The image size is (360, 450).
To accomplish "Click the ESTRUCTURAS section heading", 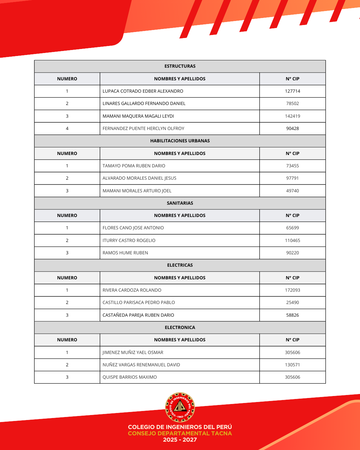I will pyautogui.click(x=180, y=66).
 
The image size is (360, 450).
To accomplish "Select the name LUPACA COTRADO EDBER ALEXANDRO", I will pyautogui.click(x=143, y=91).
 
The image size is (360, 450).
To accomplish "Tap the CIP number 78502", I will pyautogui.click(x=292, y=103).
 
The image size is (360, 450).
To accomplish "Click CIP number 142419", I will pyautogui.click(x=292, y=116).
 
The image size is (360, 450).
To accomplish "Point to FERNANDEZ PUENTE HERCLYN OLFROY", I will pyautogui.click(x=143, y=128).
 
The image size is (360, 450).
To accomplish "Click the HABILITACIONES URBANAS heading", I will pyautogui.click(x=180, y=141).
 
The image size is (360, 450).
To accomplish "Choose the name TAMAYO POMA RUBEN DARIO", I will pyautogui.click(x=134, y=166).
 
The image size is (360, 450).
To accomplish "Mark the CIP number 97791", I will pyautogui.click(x=292, y=178).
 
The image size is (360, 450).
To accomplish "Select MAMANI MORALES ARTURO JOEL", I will pyautogui.click(x=137, y=191).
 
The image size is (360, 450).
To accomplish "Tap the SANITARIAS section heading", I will pyautogui.click(x=180, y=203).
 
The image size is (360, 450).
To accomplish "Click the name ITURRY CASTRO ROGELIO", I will pyautogui.click(x=129, y=240).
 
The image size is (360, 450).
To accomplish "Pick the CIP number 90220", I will pyautogui.click(x=292, y=253).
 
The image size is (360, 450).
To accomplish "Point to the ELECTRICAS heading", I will pyautogui.click(x=180, y=265).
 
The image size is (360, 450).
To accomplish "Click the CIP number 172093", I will pyautogui.click(x=292, y=290).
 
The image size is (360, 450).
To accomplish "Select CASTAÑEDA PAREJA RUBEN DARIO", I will pyautogui.click(x=138, y=315).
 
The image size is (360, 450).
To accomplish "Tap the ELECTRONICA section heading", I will pyautogui.click(x=180, y=327).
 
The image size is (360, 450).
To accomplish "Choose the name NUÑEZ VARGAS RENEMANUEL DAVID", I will pyautogui.click(x=141, y=365).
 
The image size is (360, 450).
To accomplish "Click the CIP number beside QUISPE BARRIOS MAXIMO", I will pyautogui.click(x=292, y=377).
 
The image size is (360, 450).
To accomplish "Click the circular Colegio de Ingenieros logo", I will pyautogui.click(x=180, y=407).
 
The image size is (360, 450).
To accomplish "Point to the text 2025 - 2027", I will pyautogui.click(x=180, y=440).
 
